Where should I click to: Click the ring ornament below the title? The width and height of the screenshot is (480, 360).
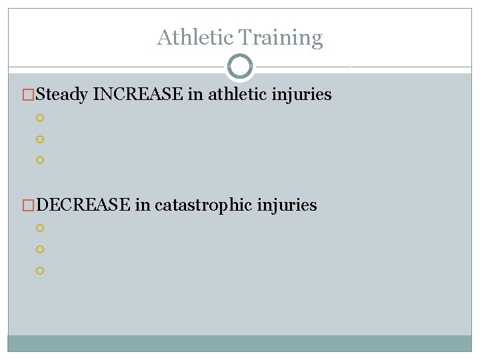click(x=240, y=67)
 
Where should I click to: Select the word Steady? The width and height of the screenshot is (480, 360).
click(x=63, y=95)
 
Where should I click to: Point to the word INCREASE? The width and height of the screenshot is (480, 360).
click(x=139, y=95)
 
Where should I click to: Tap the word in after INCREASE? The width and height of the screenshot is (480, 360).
click(x=195, y=95)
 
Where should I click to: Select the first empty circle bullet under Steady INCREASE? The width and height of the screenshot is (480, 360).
click(x=40, y=118)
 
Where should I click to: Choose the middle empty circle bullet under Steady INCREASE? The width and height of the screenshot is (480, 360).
click(x=40, y=139)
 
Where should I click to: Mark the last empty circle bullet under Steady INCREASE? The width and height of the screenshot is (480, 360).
click(x=40, y=161)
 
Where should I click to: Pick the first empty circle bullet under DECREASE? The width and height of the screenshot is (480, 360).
click(x=40, y=228)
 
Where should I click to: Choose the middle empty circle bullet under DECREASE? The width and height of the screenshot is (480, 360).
click(x=40, y=249)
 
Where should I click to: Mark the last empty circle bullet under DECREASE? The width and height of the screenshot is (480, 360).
click(x=40, y=271)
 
